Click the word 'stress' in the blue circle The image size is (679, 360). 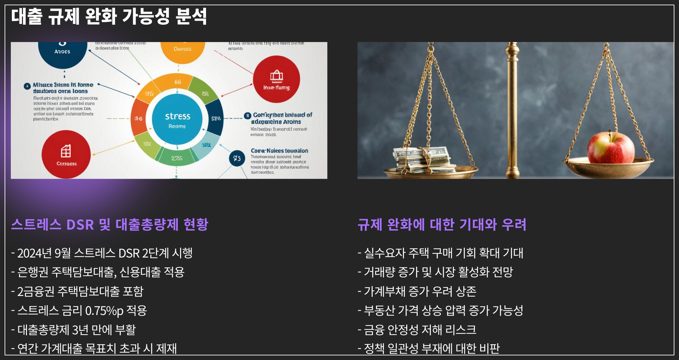point(177,116)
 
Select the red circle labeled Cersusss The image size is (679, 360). point(66,154)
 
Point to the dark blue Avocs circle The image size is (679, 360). point(62,52)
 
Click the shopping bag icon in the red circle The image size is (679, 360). point(276,76)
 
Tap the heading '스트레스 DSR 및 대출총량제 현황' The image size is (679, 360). point(110,225)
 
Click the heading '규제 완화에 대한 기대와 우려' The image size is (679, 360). point(442,225)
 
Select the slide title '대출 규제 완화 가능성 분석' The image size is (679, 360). point(109,16)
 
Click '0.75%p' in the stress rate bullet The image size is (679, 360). point(105,311)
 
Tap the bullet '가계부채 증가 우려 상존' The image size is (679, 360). point(420,291)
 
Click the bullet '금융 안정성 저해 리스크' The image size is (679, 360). point(420,330)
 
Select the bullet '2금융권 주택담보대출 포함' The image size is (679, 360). point(80,291)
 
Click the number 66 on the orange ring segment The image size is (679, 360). point(178,82)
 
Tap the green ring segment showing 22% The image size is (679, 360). point(177,159)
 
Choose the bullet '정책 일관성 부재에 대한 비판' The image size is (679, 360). point(432,349)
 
